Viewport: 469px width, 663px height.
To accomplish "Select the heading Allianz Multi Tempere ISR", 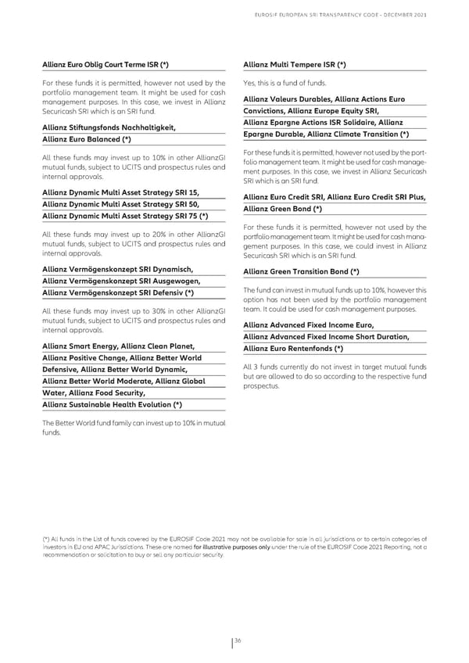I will tap(295, 63).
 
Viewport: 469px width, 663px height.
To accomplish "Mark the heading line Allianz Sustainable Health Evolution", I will tap(113, 403).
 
